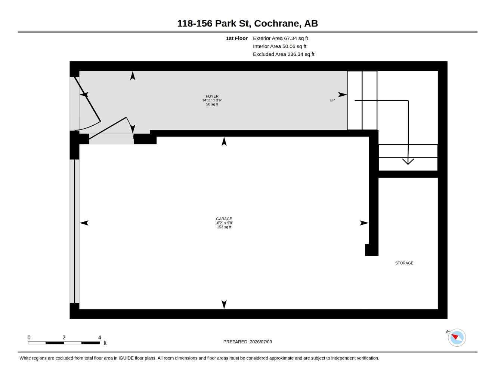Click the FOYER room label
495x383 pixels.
[212, 96]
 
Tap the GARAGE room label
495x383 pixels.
[224, 219]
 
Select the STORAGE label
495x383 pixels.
[404, 263]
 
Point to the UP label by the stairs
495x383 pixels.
[332, 100]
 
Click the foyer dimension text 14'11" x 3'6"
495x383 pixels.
[212, 100]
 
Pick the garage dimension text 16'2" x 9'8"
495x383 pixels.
[224, 223]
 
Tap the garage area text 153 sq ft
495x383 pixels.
[224, 227]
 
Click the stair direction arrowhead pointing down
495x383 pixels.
[408, 162]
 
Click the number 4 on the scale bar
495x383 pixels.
[99, 337]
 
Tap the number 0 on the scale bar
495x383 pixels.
[29, 337]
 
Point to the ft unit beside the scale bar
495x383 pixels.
[105, 343]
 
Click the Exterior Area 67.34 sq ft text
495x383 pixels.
[281, 38]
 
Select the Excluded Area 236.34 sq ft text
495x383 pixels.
[284, 54]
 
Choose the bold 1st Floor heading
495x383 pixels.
[237, 38]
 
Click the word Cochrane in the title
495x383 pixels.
[276, 24]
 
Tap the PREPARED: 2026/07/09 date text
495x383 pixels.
[248, 342]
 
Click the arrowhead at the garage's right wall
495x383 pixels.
[364, 223]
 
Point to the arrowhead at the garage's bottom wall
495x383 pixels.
[224, 304]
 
